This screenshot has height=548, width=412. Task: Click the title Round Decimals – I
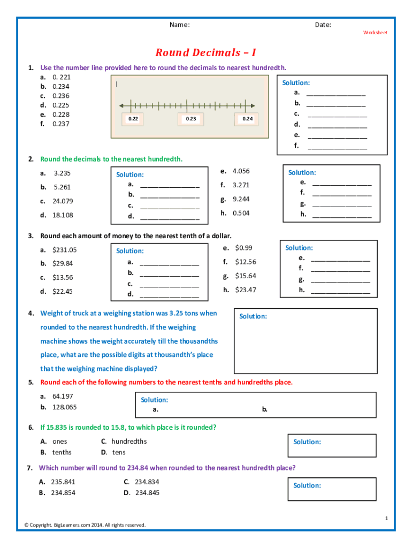pos(206,53)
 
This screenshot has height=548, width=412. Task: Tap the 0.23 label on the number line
pos(191,119)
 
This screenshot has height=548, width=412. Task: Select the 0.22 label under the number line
pos(133,119)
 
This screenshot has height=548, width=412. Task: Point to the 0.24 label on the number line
pos(247,119)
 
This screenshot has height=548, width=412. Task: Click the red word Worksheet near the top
pos(375,33)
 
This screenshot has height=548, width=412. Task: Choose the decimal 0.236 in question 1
pos(61,96)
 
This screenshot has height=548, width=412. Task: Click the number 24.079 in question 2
pos(63,201)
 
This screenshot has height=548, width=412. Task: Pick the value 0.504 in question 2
pos(241,213)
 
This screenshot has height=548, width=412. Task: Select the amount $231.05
pos(64,250)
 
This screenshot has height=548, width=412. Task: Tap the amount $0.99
pos(243,248)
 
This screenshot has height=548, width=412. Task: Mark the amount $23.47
pos(246,290)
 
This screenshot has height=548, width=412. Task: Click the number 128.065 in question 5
pos(64,407)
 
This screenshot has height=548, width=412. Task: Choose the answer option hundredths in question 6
pos(129,442)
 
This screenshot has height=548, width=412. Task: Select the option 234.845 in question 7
pos(148,493)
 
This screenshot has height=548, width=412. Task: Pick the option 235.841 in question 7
pos(63,482)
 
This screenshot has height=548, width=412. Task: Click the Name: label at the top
pos(180,25)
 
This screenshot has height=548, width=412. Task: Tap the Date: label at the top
pos(323,25)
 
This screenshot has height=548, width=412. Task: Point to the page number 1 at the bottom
pos(386,518)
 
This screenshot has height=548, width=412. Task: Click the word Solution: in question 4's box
pos(253,316)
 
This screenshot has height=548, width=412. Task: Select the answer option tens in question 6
pos(119,452)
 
